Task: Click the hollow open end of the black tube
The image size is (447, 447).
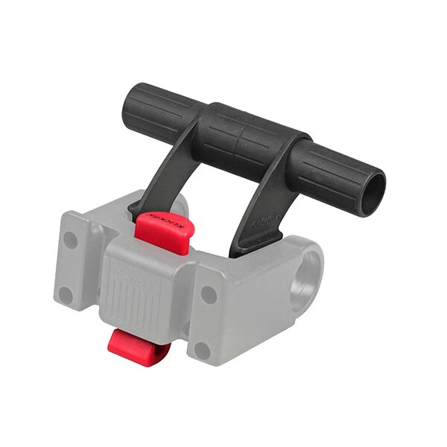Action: tap(372, 193)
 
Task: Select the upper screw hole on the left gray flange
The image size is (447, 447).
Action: tap(72, 241)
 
